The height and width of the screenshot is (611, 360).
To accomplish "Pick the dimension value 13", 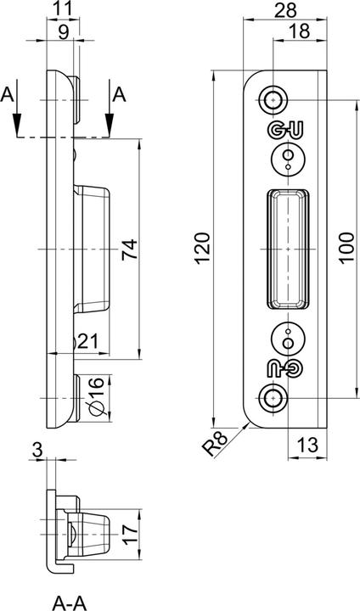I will tap(309, 444).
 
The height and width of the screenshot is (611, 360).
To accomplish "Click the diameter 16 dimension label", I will tap(96, 398).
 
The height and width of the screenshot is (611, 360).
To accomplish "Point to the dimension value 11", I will tap(63, 10).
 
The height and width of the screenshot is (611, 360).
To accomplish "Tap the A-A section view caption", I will tap(72, 602).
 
